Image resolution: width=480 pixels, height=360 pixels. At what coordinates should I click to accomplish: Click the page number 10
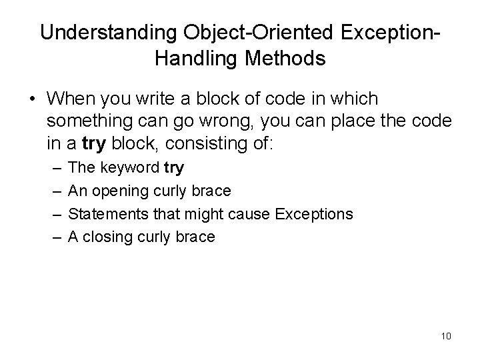click(x=445, y=335)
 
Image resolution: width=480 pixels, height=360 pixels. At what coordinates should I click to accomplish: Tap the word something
click(x=91, y=121)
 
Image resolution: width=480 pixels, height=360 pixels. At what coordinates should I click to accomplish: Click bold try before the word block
click(x=93, y=144)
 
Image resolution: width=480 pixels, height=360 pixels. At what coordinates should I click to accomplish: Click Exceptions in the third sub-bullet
click(x=313, y=214)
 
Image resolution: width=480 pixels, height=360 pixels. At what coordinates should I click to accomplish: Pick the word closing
click(x=107, y=237)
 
